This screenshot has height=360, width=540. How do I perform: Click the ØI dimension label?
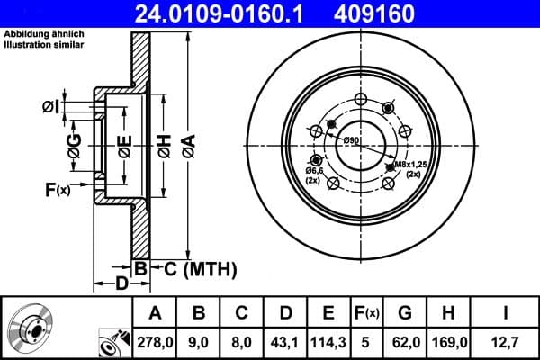point(50,108)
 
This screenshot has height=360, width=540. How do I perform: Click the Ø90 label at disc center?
point(351,141)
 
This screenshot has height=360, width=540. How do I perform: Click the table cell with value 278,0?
point(155,341)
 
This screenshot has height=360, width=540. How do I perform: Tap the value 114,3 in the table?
point(328,341)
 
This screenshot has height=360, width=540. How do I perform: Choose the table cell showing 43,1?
point(284,341)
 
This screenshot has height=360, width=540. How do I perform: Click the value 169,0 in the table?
point(447,341)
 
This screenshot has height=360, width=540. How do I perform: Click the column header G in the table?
point(403,312)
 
